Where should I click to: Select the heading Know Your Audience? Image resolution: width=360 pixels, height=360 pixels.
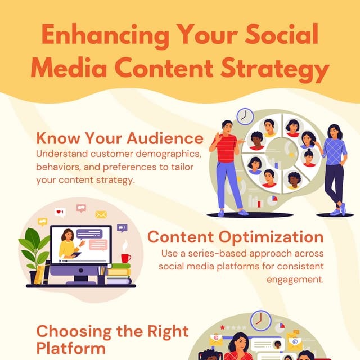click(119, 138)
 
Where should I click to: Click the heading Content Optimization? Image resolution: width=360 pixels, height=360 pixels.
click(235, 237)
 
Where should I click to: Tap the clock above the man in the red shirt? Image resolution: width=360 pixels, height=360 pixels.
click(245, 116)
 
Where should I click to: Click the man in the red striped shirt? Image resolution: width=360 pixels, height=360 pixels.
click(226, 163)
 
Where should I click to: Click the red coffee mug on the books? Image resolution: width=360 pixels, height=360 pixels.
click(125, 258)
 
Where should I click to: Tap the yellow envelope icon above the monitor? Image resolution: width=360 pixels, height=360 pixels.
click(101, 214)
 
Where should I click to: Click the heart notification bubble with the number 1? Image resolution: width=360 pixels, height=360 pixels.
click(60, 212)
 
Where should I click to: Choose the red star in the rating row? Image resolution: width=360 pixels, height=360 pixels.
click(223, 327)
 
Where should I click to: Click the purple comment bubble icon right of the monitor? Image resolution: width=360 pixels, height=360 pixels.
click(122, 228)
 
